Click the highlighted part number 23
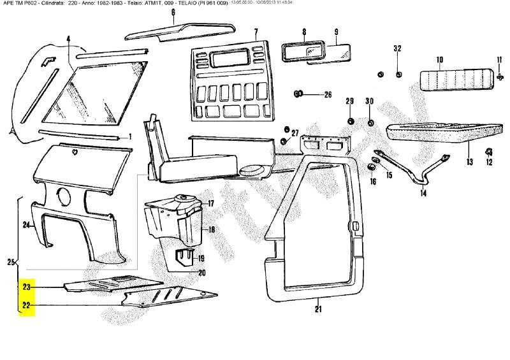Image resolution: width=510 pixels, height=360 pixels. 27,287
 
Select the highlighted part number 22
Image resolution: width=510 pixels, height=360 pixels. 27,305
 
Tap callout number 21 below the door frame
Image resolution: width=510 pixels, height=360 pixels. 318,310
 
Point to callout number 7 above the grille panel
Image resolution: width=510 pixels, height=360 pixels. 256,32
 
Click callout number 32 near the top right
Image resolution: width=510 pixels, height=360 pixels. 398,49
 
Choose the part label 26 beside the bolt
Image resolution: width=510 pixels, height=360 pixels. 328,95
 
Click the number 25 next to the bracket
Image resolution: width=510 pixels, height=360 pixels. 10,262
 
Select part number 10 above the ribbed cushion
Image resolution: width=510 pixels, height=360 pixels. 440,60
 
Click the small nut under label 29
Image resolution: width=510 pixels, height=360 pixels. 350,121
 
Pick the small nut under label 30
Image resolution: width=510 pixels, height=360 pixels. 370,122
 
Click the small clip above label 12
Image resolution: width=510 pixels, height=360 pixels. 489,152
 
